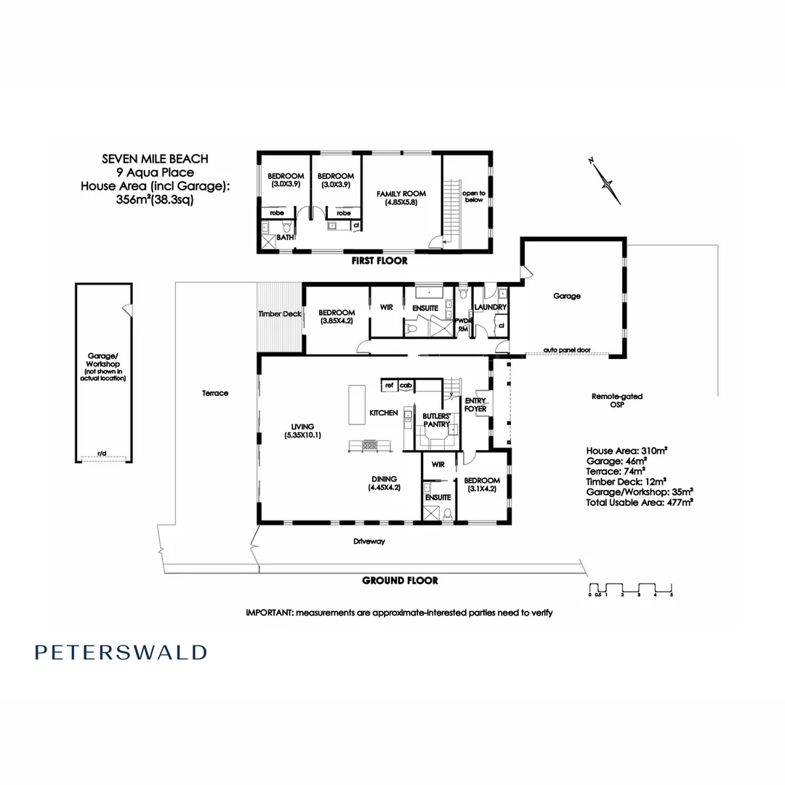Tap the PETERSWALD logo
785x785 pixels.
click(x=121, y=652)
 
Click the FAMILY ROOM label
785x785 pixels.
click(x=400, y=194)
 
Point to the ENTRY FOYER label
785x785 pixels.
click(x=475, y=405)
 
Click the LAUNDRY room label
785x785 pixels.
click(x=490, y=307)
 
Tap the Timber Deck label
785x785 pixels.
click(x=280, y=313)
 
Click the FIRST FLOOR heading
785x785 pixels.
click(x=379, y=260)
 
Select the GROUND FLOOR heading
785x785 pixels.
click(x=400, y=580)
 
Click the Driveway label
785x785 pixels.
click(x=369, y=542)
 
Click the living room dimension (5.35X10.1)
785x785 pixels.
click(x=303, y=435)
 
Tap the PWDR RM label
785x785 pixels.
click(x=462, y=324)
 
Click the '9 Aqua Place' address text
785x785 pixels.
click(x=156, y=172)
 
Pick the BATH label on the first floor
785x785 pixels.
click(x=286, y=238)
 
